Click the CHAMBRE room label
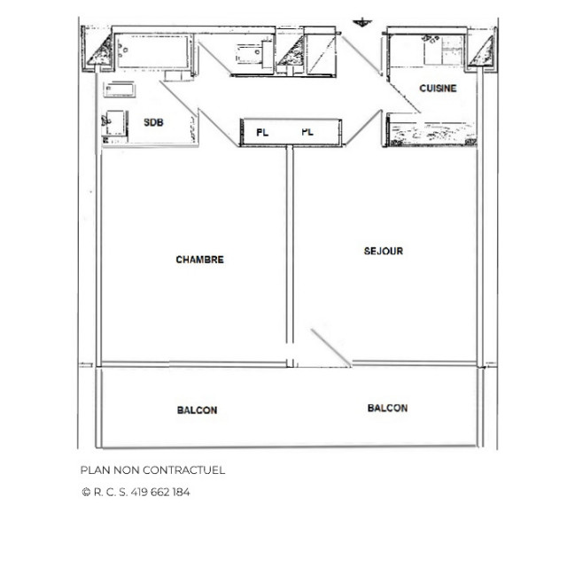pyautogui.click(x=199, y=260)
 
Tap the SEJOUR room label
pyautogui.click(x=383, y=251)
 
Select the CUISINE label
pyautogui.click(x=438, y=89)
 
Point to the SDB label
pyautogui.click(x=153, y=123)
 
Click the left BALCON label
pyautogui.click(x=197, y=410)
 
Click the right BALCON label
pyautogui.click(x=387, y=408)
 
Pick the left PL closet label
pyautogui.click(x=262, y=132)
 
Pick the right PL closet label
pyautogui.click(x=307, y=132)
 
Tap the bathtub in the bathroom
pyautogui.click(x=150, y=50)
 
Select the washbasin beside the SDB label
pyautogui.click(x=113, y=125)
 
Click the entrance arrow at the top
pyautogui.click(x=361, y=21)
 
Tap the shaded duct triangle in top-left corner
pyautogui.click(x=98, y=53)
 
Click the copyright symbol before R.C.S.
pyautogui.click(x=85, y=492)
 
